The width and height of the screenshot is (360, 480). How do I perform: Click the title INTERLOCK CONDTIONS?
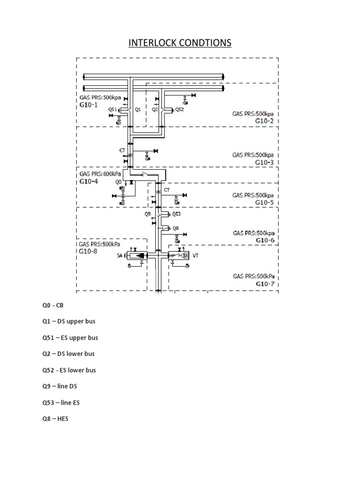tap(180, 43)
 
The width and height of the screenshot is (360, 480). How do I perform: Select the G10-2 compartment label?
tap(264, 121)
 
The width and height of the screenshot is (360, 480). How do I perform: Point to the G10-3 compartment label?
tap(264, 162)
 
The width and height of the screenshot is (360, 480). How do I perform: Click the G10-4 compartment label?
tap(89, 181)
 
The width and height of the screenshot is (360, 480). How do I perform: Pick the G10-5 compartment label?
tap(264, 202)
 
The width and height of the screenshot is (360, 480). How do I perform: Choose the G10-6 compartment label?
tap(265, 240)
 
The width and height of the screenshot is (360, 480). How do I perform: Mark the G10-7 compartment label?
tap(265, 284)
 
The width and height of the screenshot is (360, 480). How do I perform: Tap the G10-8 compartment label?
tap(88, 251)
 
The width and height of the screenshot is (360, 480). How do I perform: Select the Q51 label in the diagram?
tap(112, 109)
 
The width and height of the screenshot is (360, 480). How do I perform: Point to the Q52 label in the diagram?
tap(180, 110)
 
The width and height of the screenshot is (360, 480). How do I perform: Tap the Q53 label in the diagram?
tap(176, 214)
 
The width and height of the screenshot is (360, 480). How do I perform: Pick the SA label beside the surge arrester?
tap(120, 256)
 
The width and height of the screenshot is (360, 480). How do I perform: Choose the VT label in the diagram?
tap(196, 256)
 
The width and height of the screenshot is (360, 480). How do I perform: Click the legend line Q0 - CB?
tap(52, 305)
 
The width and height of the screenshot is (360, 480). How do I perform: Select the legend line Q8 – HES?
tap(55, 419)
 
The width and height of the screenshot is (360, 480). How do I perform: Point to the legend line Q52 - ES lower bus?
tap(69, 370)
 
